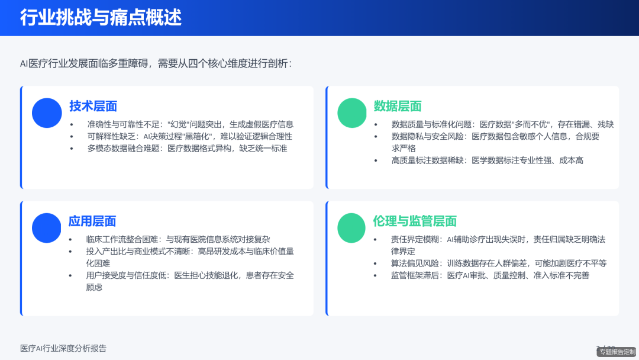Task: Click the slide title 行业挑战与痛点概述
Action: [101, 18]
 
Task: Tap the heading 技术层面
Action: [93, 106]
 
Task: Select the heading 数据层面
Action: [398, 106]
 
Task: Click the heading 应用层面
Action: [92, 221]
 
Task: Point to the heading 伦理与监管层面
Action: [415, 221]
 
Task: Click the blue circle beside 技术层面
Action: [47, 113]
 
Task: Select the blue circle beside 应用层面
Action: [47, 228]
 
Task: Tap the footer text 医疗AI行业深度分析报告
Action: [63, 348]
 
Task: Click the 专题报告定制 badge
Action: [617, 352]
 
